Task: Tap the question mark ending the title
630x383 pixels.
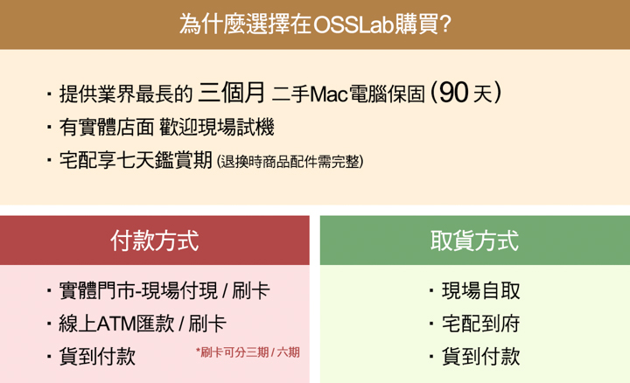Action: tap(444, 24)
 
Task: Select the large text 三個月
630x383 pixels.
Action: tap(231, 93)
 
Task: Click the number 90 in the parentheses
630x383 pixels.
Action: tap(453, 93)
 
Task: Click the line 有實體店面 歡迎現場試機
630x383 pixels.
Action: tap(167, 128)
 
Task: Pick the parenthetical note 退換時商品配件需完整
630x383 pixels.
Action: tap(290, 162)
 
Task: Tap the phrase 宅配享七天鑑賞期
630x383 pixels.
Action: tap(136, 161)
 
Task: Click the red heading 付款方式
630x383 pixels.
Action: tap(155, 240)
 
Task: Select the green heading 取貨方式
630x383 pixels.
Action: tap(474, 240)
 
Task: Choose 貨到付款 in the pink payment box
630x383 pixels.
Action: tap(97, 357)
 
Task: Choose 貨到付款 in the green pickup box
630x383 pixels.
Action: tap(481, 357)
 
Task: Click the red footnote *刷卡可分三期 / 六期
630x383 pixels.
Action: tap(248, 352)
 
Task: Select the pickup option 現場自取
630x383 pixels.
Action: tap(481, 291)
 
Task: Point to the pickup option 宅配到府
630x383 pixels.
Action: tap(481, 324)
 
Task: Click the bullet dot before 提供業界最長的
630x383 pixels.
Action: tap(49, 94)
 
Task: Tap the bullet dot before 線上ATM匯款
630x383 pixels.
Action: tap(49, 324)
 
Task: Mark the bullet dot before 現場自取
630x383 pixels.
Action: tap(431, 290)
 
